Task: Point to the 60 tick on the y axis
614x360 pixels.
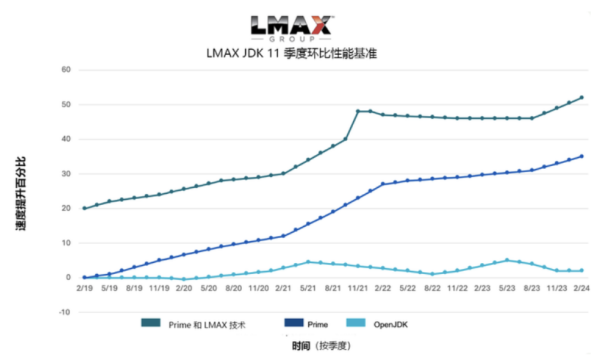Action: [x=66, y=70]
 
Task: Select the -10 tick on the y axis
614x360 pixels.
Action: [x=65, y=313]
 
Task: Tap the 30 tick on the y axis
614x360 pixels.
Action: [x=66, y=174]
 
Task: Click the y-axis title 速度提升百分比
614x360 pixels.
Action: [x=21, y=194]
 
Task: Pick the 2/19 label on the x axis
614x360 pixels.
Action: [x=84, y=289]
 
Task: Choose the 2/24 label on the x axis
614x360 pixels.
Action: [x=581, y=289]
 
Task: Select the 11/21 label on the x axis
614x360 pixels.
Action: [x=358, y=289]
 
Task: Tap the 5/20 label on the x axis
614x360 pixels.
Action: [x=208, y=289]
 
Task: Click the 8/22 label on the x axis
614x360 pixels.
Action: [x=432, y=289]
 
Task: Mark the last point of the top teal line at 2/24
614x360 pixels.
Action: [x=582, y=97]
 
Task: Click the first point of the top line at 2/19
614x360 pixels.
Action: [x=84, y=208]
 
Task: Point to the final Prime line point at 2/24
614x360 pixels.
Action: [x=582, y=156]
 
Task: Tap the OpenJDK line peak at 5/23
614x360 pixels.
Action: [x=507, y=260]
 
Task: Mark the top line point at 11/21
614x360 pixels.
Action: [x=358, y=111]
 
